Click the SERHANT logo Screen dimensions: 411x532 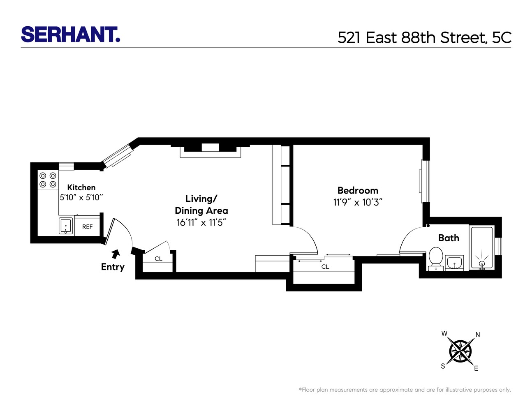(x=70, y=35)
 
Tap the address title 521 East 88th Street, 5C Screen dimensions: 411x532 (x=424, y=38)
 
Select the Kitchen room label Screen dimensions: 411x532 (x=81, y=187)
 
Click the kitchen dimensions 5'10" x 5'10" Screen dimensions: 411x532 (x=81, y=198)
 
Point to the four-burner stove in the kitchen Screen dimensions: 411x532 (x=48, y=180)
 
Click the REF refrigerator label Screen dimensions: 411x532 (x=87, y=227)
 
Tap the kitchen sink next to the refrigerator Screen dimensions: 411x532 (x=66, y=226)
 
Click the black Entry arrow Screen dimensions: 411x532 (x=116, y=254)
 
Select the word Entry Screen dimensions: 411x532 (x=113, y=267)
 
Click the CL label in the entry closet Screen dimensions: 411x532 (x=159, y=259)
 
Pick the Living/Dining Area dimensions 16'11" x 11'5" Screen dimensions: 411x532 (x=201, y=223)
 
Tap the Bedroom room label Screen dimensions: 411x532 (x=358, y=191)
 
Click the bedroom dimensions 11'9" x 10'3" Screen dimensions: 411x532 (x=358, y=203)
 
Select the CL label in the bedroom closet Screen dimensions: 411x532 (x=325, y=267)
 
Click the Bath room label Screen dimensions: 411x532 (x=449, y=238)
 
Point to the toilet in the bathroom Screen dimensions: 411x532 (x=435, y=258)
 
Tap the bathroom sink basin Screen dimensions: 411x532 (x=454, y=262)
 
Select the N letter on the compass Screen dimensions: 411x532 (x=478, y=335)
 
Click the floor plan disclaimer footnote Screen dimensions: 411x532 (x=405, y=390)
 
